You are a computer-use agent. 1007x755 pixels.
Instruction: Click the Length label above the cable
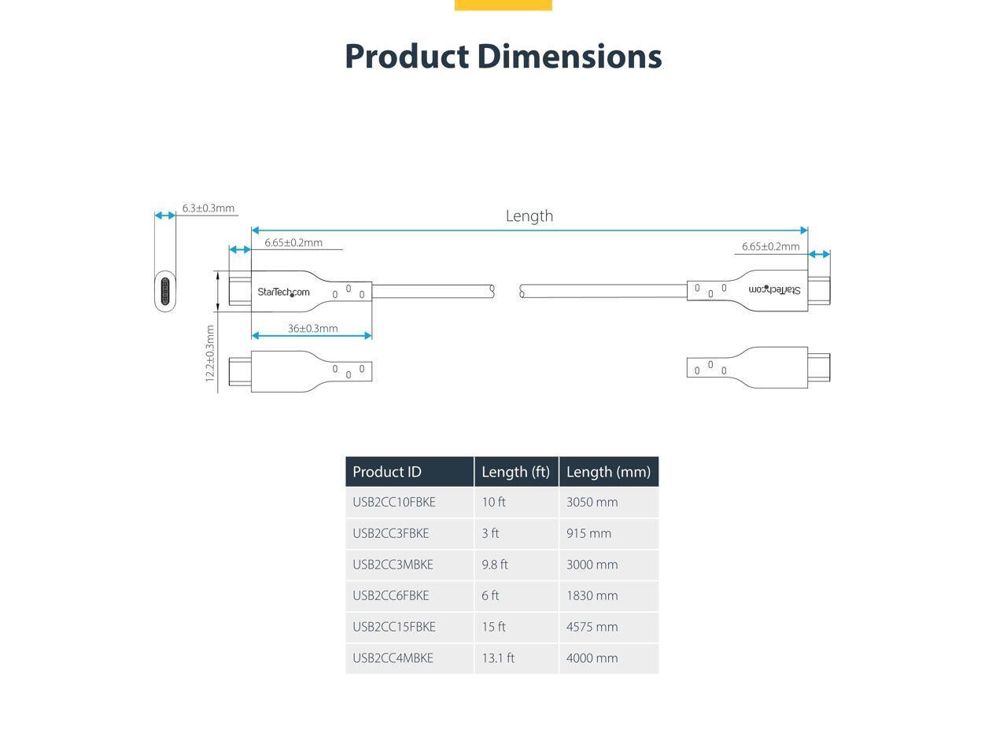coord(529,215)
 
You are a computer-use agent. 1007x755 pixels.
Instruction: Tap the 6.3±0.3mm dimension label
coord(208,208)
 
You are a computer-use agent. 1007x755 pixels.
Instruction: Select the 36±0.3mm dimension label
coord(312,328)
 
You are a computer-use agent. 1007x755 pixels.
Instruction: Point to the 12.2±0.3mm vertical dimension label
coord(210,353)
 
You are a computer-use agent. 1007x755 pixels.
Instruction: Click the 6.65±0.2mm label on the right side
coord(770,246)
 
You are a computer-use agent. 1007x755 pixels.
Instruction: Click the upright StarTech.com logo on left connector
coord(283,292)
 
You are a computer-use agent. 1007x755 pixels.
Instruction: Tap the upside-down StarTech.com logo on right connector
coord(774,289)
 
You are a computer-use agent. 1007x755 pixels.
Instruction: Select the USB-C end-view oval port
coord(164,291)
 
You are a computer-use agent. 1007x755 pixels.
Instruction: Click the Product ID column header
coord(387,472)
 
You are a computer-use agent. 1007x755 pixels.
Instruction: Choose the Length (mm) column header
coord(608,472)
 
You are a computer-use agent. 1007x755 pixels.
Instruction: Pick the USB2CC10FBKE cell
coord(394,502)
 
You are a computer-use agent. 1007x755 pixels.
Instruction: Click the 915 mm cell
coord(588,533)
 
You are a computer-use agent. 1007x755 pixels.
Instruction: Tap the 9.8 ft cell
coord(495,565)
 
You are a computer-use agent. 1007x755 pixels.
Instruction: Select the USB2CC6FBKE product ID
coord(391,595)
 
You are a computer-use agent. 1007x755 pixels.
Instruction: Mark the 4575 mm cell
coord(592,627)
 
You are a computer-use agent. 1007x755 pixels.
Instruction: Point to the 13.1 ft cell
coord(498,658)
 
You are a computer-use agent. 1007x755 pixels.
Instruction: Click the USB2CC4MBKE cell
coord(393,658)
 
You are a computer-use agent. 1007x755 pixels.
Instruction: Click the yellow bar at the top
coord(503,5)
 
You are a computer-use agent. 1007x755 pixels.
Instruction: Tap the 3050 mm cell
coord(592,502)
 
